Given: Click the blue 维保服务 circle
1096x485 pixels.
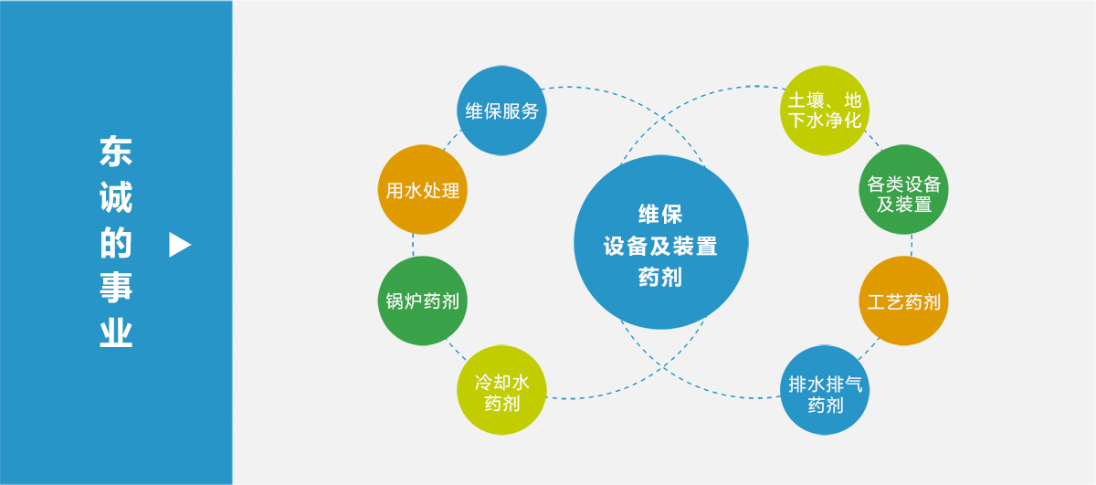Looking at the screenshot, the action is point(501,111).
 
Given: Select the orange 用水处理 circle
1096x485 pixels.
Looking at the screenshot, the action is point(422,189).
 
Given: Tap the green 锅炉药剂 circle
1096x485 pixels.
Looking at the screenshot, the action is point(422,300).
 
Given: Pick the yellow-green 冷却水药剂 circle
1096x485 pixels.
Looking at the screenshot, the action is point(501,390).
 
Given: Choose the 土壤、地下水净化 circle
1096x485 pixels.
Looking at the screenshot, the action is point(825,111).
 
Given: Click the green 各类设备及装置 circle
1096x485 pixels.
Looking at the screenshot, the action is point(903,189).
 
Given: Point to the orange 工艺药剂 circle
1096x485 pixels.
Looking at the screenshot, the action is point(903,300).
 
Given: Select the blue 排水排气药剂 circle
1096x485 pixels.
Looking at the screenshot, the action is point(825,390).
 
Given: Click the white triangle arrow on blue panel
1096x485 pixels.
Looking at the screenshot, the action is point(180,245).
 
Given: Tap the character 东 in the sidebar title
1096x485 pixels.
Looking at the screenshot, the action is point(116,152).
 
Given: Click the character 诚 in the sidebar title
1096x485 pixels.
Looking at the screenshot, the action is point(116,196).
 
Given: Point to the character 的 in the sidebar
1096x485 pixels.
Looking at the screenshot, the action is point(116,242).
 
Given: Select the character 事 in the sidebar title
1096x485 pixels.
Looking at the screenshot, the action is point(116,287).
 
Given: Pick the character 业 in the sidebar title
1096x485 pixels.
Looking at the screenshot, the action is point(116,332).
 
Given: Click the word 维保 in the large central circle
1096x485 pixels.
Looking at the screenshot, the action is point(660,215).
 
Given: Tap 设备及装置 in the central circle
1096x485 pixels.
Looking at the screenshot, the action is point(660,246).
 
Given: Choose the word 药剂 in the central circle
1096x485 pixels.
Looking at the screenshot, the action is point(660,277).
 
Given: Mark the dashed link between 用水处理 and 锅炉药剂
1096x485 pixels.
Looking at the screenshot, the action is point(414,245).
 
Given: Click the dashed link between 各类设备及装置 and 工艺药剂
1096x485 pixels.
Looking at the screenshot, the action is point(912,245).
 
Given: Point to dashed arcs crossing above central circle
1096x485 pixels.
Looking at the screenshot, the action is point(663,118).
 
